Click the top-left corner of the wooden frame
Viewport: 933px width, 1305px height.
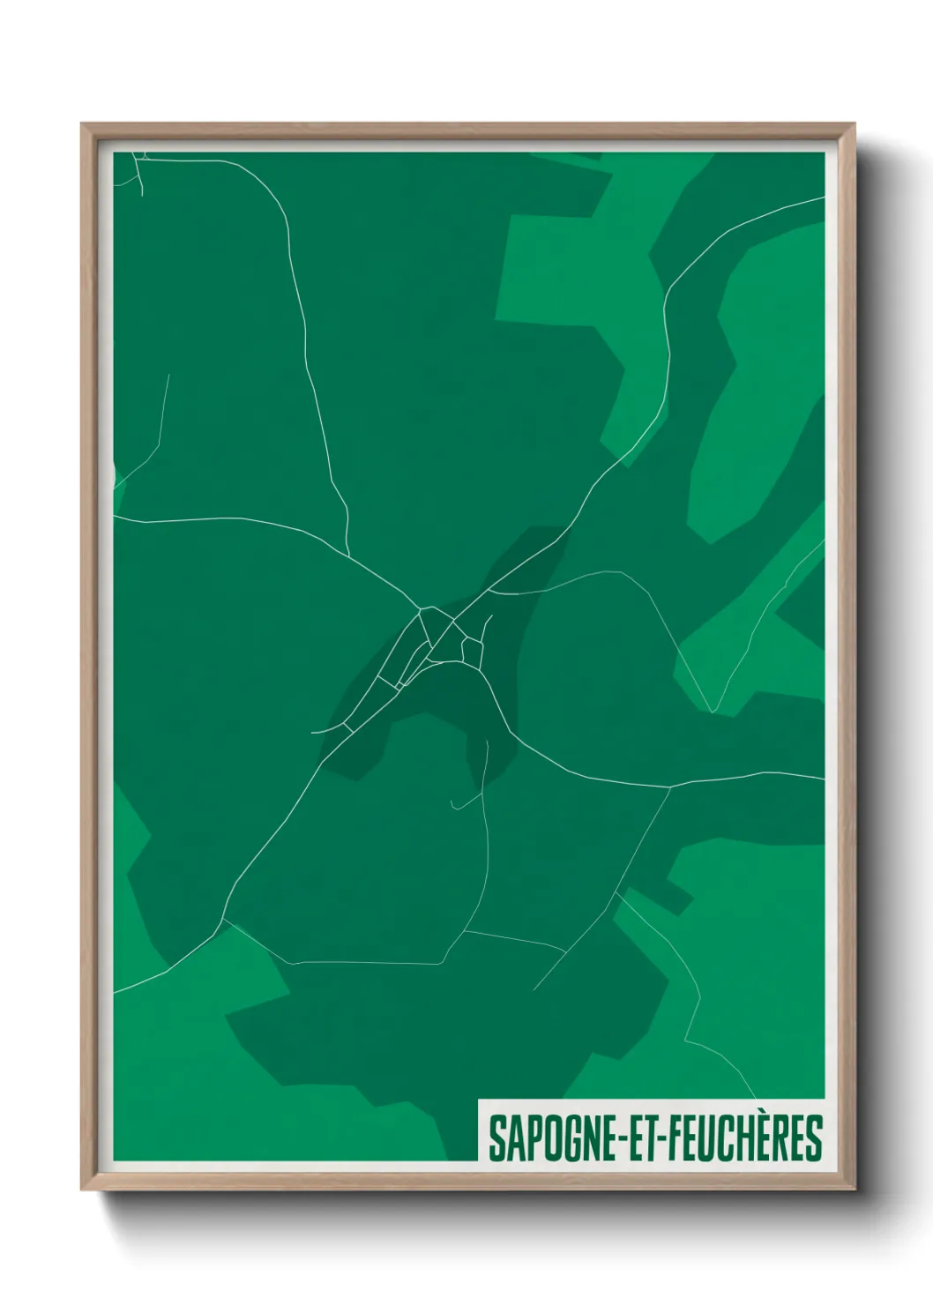pos(82,124)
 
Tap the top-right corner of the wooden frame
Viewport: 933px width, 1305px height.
pos(855,124)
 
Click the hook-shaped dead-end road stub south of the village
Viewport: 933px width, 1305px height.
pos(453,805)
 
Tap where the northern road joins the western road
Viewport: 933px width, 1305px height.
pos(350,556)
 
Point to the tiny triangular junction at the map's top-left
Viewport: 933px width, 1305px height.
pos(141,159)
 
